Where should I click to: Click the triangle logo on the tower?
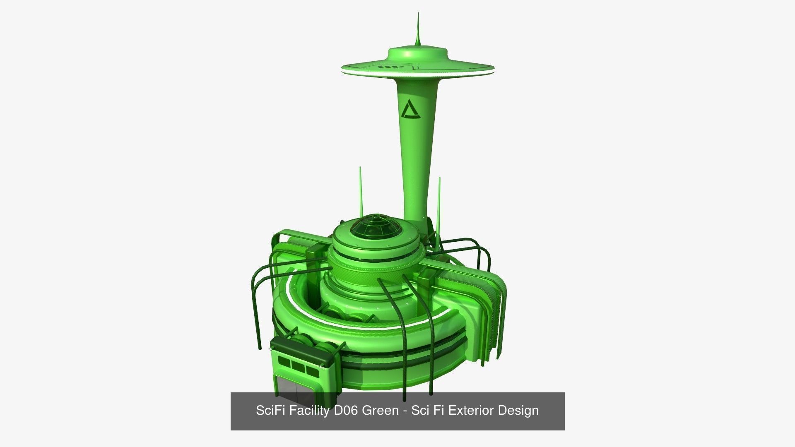point(410,110)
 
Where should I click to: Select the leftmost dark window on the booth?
point(284,362)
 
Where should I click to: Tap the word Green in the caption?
point(381,411)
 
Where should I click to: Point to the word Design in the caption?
point(518,411)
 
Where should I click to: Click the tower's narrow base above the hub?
point(415,207)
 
